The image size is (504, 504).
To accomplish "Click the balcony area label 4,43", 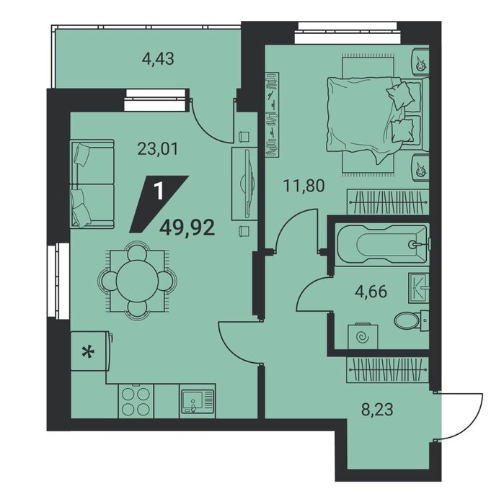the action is (x=158, y=59).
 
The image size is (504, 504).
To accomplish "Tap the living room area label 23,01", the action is (x=158, y=149).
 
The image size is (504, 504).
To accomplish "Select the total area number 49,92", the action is (x=187, y=228).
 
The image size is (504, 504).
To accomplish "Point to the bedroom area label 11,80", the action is (x=304, y=186).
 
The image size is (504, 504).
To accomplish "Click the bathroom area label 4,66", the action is (x=371, y=292).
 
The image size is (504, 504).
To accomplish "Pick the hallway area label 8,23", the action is (x=377, y=410).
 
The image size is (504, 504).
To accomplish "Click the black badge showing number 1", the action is (x=159, y=204).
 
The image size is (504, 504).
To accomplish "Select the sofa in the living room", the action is (x=92, y=184).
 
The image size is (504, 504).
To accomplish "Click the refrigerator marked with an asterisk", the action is (x=89, y=351).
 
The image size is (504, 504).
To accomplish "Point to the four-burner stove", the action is (x=136, y=401).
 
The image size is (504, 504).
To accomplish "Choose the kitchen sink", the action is (x=197, y=401).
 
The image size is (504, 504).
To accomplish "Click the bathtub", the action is (x=382, y=245).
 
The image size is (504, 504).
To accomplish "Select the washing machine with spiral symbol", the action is (x=363, y=337).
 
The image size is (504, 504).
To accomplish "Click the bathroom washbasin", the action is (x=419, y=288).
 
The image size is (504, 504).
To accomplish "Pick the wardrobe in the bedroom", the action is (x=388, y=202).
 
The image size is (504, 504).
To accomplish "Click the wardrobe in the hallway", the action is (x=388, y=369).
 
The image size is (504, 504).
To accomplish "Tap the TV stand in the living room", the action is (x=244, y=184).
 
